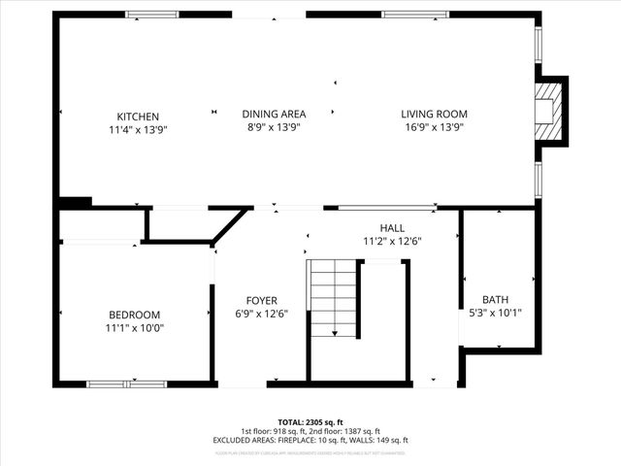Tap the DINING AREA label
click(x=274, y=114)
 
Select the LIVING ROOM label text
click(x=433, y=114)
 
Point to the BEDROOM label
click(x=135, y=315)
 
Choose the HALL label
click(x=392, y=227)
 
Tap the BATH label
click(x=496, y=300)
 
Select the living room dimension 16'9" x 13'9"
click(x=433, y=126)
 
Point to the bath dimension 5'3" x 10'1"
click(x=496, y=313)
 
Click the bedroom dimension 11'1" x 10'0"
click(x=135, y=327)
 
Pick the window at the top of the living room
click(x=415, y=15)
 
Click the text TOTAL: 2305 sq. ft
click(x=310, y=423)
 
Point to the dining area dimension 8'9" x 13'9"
click(x=274, y=126)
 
